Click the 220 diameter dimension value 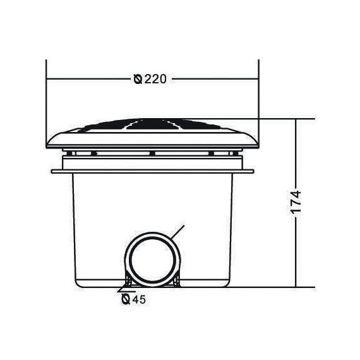pyautogui.click(x=155, y=79)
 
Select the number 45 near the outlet pyautogui.click(x=139, y=299)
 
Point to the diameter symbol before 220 pyautogui.click(x=138, y=79)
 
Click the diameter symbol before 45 pyautogui.click(x=126, y=299)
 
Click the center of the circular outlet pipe pyautogui.click(x=152, y=260)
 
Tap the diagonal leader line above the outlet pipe pyautogui.click(x=177, y=232)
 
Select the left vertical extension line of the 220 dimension pyautogui.click(x=46, y=104)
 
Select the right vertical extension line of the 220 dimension pyautogui.click(x=259, y=104)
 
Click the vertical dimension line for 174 pyautogui.click(x=296, y=203)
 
